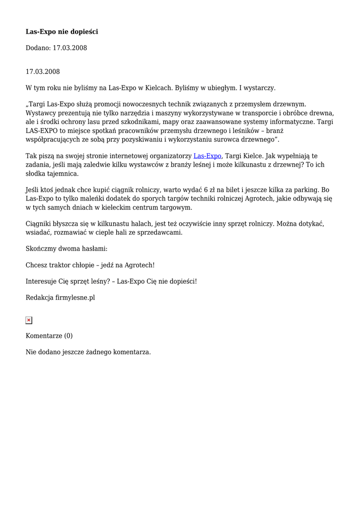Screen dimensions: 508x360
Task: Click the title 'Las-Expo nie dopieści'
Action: pyautogui.click(x=62, y=32)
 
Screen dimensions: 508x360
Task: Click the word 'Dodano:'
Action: pyautogui.click(x=38, y=48)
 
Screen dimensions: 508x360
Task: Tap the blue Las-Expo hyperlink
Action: pyautogui.click(x=207, y=156)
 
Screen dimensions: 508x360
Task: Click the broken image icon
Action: pyautogui.click(x=29, y=320)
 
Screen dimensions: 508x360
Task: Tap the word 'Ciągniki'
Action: pyautogui.click(x=39, y=224)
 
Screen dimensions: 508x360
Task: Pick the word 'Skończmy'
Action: pyautogui.click(x=40, y=249)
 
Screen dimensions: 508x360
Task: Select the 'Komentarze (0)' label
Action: pyautogui.click(x=49, y=336)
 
